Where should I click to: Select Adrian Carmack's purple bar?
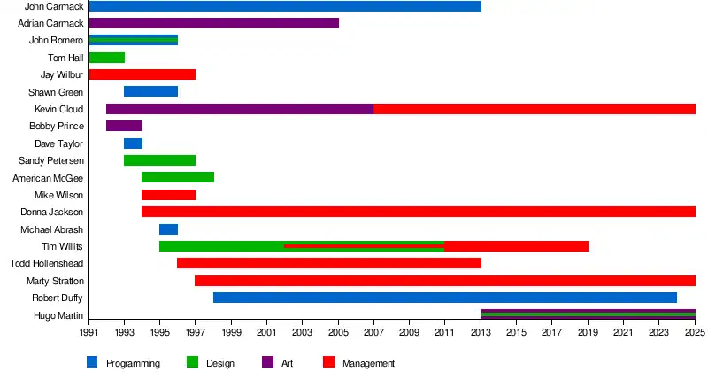(213, 23)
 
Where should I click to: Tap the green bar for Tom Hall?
(106, 58)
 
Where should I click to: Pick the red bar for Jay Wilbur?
(142, 74)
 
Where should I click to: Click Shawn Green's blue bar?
(150, 91)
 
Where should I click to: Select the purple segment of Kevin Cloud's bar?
(239, 109)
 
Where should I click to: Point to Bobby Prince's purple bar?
(124, 126)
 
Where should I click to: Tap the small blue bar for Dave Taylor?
(133, 143)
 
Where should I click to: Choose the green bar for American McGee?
(177, 177)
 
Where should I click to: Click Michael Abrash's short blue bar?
(168, 229)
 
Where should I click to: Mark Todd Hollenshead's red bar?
(328, 263)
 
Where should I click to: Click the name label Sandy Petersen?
(51, 160)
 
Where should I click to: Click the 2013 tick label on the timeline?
(481, 332)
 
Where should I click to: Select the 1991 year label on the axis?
(88, 332)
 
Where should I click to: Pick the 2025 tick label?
(694, 332)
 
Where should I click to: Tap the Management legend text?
(368, 363)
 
